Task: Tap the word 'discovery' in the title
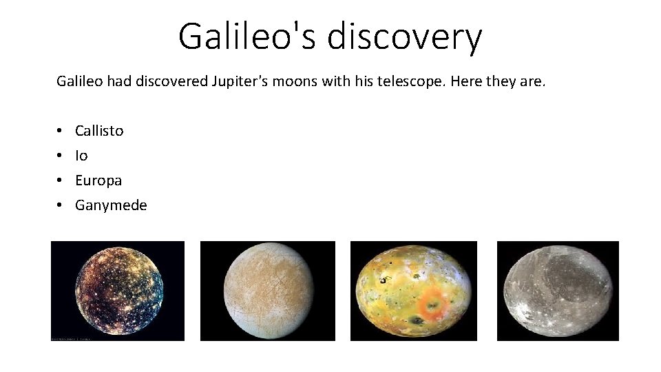point(404,37)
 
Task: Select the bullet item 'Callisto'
point(99,131)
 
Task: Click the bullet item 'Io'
point(81,156)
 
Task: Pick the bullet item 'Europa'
point(98,180)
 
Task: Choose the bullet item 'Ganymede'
point(111,205)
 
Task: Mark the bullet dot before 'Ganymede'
point(61,205)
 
